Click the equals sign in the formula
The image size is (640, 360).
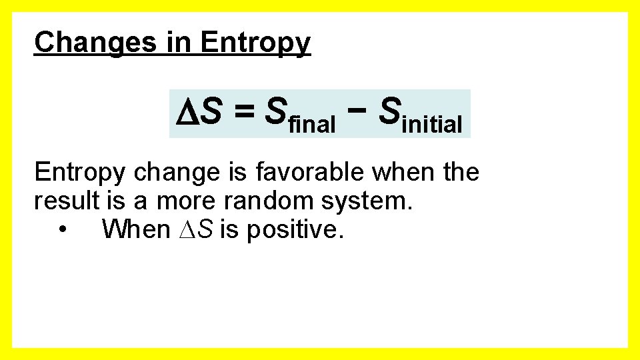coord(243,113)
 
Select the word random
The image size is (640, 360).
coord(265,201)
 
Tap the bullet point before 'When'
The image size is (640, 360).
coord(62,230)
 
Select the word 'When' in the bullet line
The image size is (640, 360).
coord(135,229)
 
